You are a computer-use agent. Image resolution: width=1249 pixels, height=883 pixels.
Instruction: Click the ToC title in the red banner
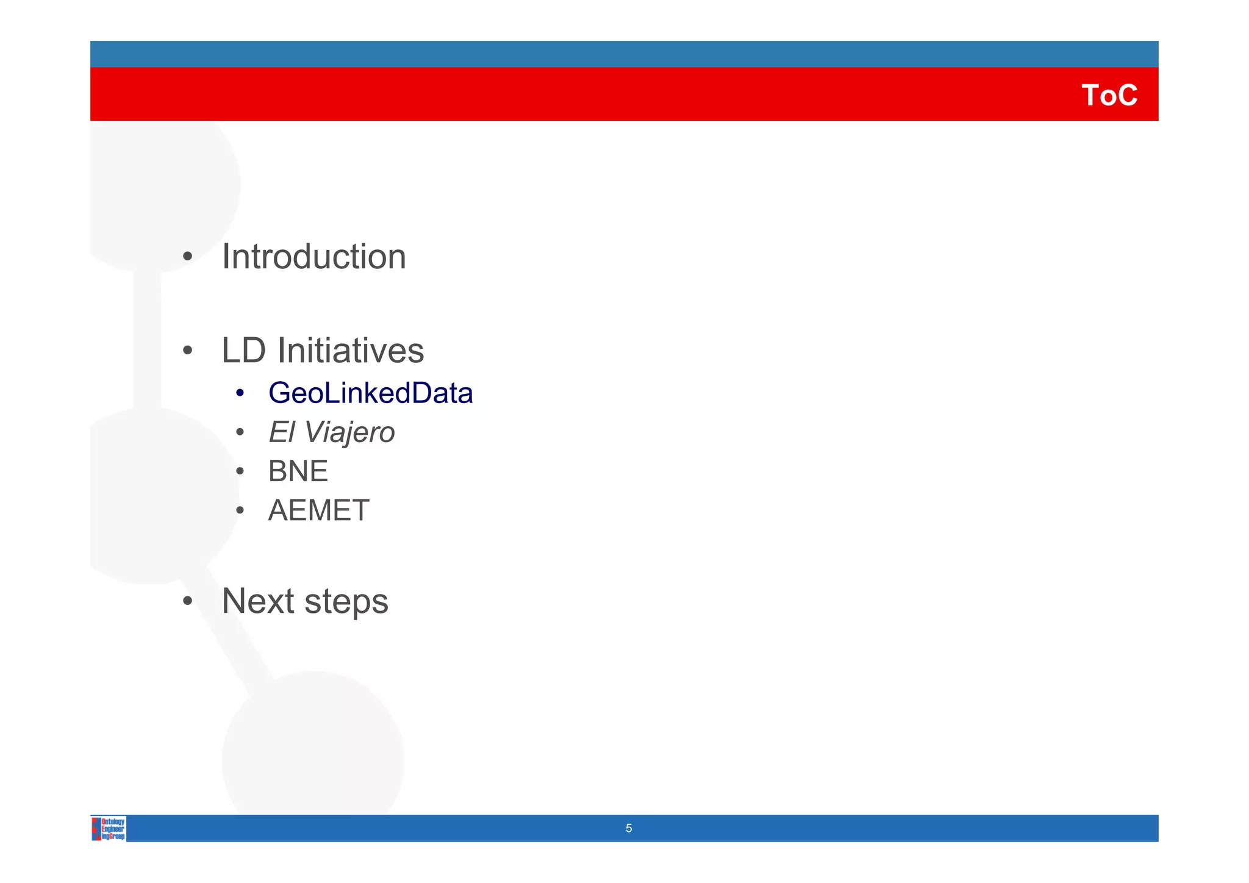point(1109,96)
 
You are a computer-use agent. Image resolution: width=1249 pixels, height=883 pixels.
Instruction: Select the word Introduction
point(313,257)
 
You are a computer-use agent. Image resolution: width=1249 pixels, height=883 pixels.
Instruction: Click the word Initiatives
point(351,351)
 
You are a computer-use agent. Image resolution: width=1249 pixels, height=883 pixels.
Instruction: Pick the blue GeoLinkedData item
point(370,393)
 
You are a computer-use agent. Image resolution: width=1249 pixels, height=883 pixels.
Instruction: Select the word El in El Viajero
point(281,432)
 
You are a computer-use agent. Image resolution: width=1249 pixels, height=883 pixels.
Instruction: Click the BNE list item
point(298,471)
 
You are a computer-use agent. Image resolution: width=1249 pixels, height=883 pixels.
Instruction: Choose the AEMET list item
point(318,510)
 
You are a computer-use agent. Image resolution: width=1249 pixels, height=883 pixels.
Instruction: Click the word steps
point(346,602)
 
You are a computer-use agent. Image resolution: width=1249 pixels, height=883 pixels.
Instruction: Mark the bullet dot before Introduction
point(188,257)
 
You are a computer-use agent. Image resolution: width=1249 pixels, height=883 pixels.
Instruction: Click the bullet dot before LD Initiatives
point(188,351)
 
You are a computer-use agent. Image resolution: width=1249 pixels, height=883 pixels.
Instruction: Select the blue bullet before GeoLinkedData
point(240,393)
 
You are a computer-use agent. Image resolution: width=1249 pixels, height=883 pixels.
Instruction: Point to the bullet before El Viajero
point(240,432)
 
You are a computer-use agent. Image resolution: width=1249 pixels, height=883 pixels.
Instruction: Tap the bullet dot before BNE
point(240,471)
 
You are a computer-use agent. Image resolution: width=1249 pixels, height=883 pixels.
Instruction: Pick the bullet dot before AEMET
point(240,510)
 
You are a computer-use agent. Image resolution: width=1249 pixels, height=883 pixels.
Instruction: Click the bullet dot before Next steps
point(188,601)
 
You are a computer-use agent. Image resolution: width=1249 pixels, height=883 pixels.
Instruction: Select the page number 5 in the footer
point(629,829)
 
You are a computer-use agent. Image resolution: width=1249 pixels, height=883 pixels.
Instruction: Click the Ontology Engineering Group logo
point(109,829)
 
